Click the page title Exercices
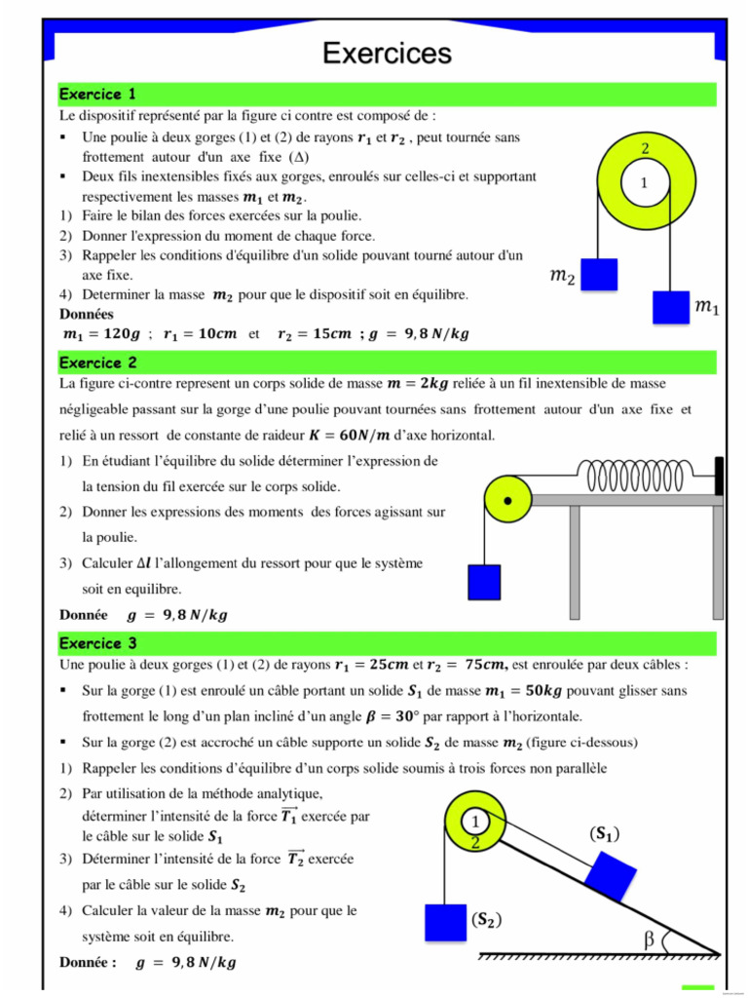click(387, 53)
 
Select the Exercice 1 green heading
click(97, 95)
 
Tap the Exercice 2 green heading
click(97, 363)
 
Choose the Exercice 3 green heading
click(97, 643)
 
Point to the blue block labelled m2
click(600, 274)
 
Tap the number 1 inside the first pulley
click(643, 182)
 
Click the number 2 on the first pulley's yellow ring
click(645, 149)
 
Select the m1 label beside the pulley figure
click(706, 307)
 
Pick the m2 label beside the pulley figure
click(562, 278)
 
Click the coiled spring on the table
click(643, 477)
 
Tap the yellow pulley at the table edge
click(507, 499)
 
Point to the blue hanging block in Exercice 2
click(484, 582)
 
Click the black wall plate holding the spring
click(719, 476)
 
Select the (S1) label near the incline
click(604, 833)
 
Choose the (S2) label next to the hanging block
click(486, 919)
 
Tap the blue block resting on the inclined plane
click(611, 873)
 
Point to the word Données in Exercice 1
click(87, 314)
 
